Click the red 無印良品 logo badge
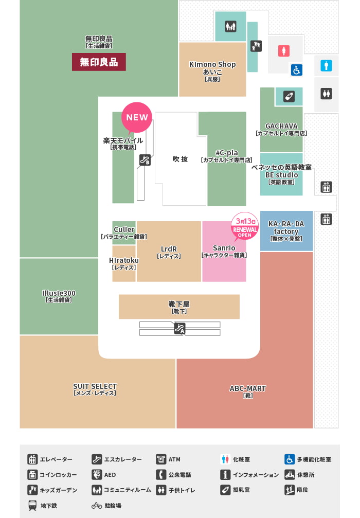point(99,62)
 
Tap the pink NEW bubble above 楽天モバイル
point(137,117)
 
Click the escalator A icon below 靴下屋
point(179,328)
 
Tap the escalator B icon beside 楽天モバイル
point(145,160)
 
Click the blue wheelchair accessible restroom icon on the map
point(296,70)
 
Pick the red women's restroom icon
point(283,51)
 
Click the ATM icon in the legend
point(161,459)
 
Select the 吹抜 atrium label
point(180,159)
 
